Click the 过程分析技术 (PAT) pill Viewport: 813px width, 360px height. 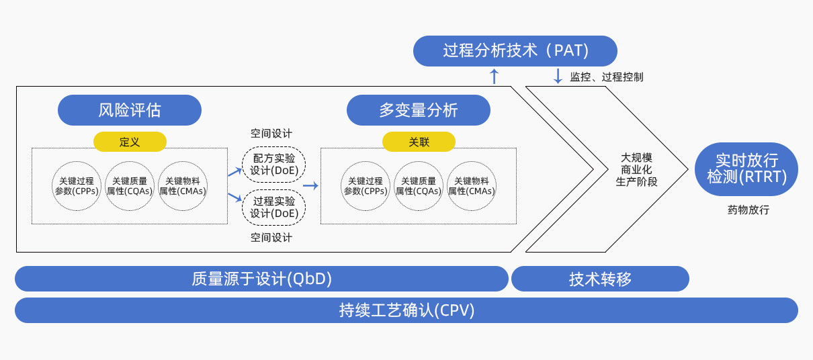click(515, 51)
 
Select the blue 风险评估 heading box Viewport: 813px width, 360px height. click(130, 110)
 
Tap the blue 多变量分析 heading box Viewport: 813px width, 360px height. click(419, 110)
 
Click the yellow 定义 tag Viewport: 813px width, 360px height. click(130, 142)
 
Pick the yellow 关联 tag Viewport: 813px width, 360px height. click(419, 142)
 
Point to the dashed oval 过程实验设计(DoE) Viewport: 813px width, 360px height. click(273, 207)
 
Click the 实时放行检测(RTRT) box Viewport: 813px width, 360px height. click(746, 169)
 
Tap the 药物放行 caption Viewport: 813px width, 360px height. click(748, 210)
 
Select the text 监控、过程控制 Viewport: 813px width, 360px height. click(606, 77)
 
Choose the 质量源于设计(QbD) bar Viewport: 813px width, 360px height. click(261, 279)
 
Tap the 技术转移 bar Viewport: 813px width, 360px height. click(600, 279)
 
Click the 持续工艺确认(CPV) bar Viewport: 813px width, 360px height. click(406, 310)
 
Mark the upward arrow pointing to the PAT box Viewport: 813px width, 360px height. click(495, 75)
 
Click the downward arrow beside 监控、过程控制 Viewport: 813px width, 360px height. click(558, 75)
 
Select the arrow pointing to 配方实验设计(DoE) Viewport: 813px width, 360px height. click(234, 172)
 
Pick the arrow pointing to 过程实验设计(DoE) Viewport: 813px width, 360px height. click(234, 197)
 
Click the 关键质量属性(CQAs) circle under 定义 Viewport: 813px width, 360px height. click(130, 186)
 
